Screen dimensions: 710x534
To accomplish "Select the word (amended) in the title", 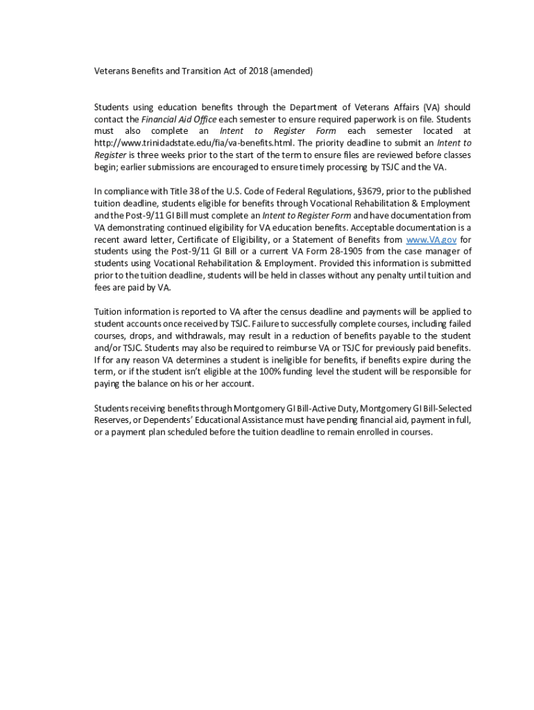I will coord(292,71).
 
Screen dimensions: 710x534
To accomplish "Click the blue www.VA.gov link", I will coord(431,239).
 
